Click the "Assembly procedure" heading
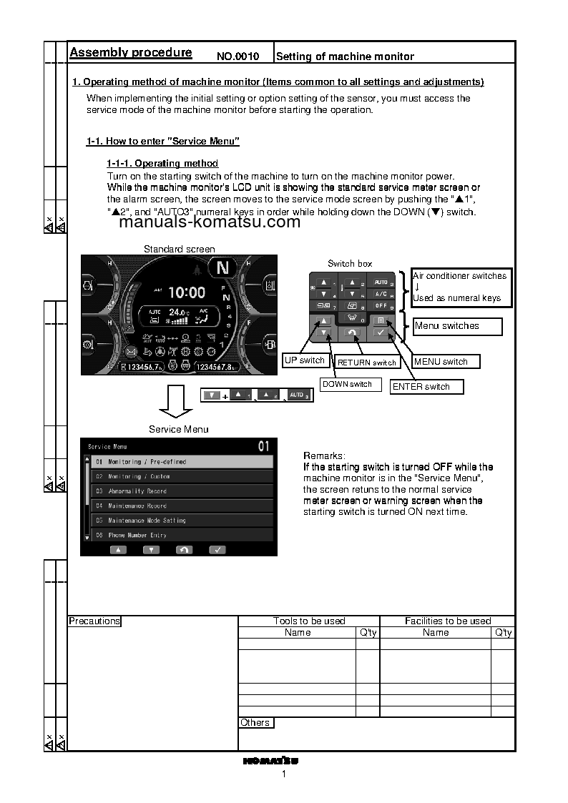pos(130,52)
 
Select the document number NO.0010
pos(238,56)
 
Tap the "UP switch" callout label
pos(305,360)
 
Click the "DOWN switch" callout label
pos(348,384)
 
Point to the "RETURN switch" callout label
pos(367,363)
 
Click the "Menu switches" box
pos(458,326)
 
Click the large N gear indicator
pos(223,269)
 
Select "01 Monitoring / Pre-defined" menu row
pos(182,462)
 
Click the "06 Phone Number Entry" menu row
pos(182,535)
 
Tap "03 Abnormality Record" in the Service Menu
pos(182,491)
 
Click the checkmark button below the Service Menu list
pos(217,550)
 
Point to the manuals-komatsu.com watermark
pos(210,222)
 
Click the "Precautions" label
pos(94,621)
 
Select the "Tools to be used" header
pos(309,621)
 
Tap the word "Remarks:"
pos(324,455)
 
